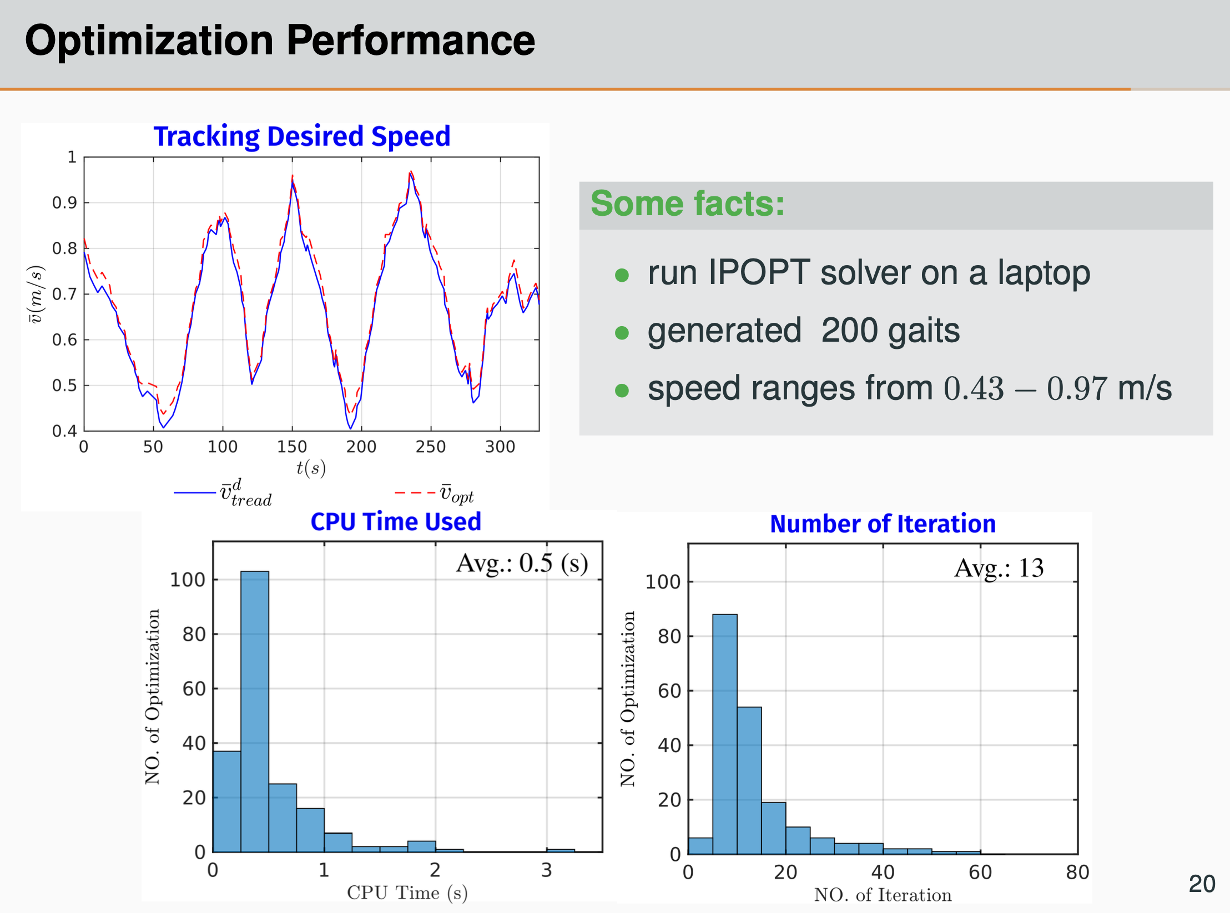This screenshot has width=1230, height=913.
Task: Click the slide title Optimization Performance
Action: pos(280,40)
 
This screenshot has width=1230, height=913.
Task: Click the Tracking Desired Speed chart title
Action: pos(301,136)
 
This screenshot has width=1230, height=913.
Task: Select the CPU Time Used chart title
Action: pos(395,522)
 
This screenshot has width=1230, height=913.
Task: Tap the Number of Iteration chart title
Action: pos(883,524)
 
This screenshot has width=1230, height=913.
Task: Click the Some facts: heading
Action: pos(687,204)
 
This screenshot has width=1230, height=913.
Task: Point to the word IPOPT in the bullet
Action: pos(759,273)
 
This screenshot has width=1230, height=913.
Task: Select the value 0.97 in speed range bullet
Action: pos(1077,388)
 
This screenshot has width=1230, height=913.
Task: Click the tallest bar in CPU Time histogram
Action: pos(255,710)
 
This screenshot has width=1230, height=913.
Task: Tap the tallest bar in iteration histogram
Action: pos(724,732)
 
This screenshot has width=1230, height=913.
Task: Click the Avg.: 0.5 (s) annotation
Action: pos(522,564)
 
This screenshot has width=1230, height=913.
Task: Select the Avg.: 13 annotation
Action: pos(999,568)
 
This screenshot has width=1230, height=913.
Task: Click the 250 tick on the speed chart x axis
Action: pos(430,447)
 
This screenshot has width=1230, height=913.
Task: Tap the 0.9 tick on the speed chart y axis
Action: pos(64,203)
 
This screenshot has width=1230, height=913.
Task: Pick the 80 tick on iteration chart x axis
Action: pos(1077,873)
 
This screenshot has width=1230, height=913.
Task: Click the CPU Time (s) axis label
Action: pos(407,892)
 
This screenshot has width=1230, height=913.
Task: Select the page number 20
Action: pos(1202,884)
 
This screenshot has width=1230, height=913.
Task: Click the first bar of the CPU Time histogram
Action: pos(226,802)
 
